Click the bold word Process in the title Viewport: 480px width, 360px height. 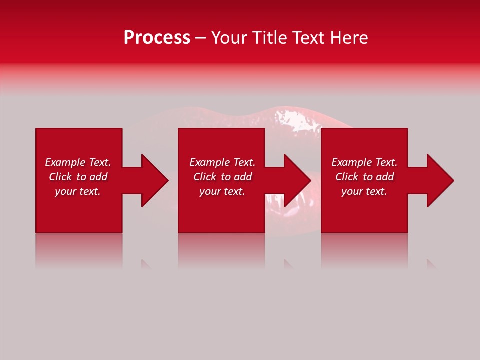[x=157, y=38]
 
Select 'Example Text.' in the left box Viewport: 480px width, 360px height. [x=78, y=162]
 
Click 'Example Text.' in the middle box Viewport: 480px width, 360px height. [x=222, y=162]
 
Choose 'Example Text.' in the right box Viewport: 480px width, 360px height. [x=364, y=162]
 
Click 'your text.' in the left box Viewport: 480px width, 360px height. [x=78, y=191]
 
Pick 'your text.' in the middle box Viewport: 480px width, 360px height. [x=222, y=191]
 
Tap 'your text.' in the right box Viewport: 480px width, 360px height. [x=364, y=191]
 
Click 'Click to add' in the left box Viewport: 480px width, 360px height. [x=78, y=177]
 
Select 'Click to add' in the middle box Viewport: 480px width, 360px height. [x=222, y=177]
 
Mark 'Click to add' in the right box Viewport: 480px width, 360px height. [x=364, y=177]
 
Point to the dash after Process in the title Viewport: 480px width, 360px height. [x=200, y=38]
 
